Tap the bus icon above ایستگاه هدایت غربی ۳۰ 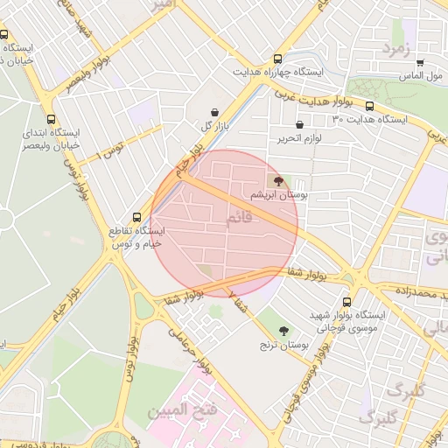[369, 106]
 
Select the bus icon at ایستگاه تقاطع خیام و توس [136, 217]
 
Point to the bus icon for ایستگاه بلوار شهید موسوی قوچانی [347, 301]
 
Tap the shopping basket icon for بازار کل [215, 112]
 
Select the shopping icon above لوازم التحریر [300, 125]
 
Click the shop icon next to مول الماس [420, 62]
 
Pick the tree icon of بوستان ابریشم [278, 182]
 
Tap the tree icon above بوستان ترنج [283, 331]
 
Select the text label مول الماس [423, 76]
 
